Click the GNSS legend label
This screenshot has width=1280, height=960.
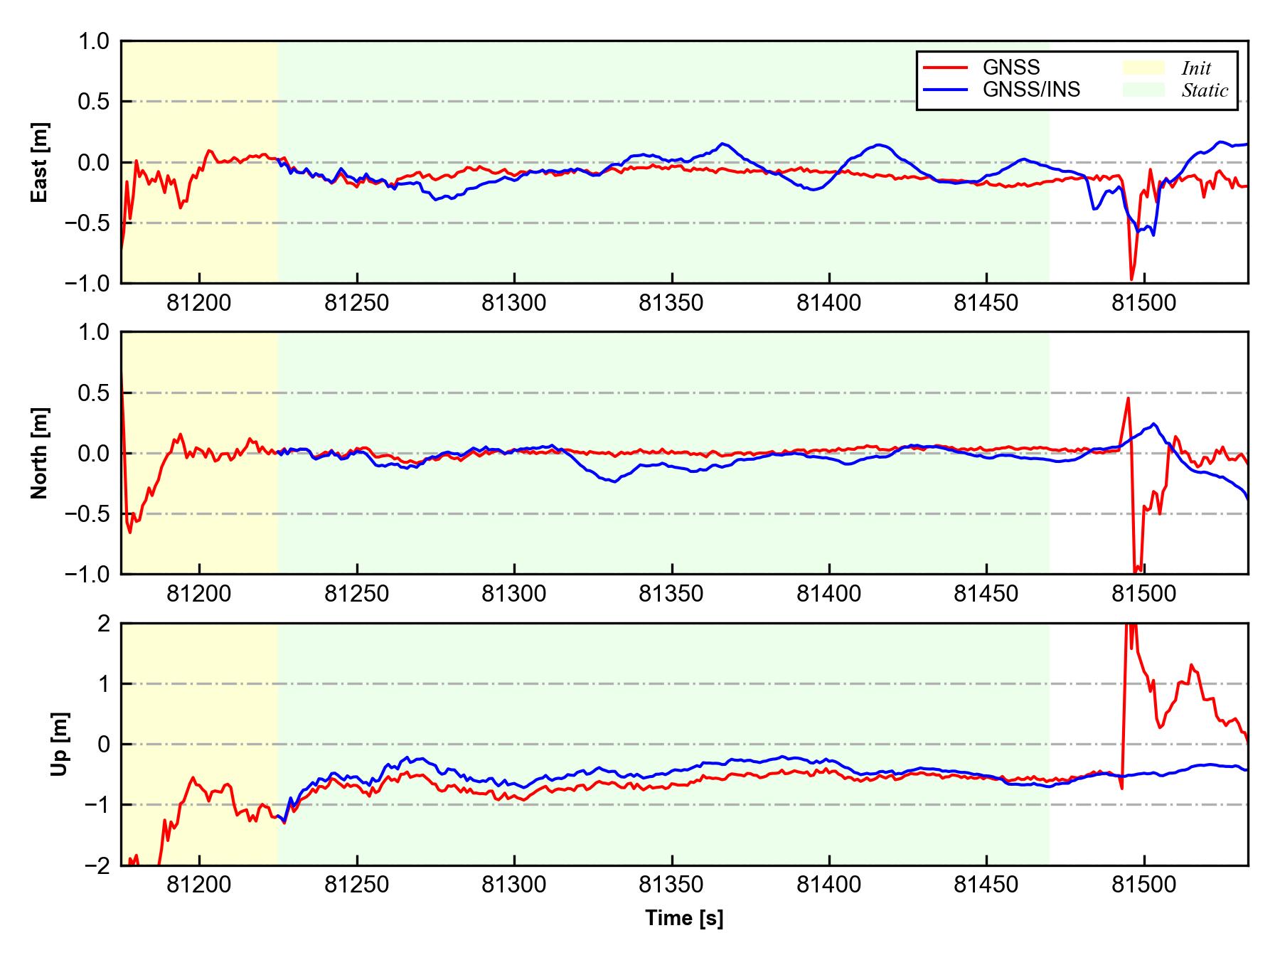coord(1010,68)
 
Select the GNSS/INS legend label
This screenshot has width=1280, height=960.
coord(1031,90)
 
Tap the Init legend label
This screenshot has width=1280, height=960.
coord(1196,68)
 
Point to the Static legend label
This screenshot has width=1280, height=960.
coord(1205,90)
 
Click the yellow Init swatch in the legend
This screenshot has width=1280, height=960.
coord(1143,68)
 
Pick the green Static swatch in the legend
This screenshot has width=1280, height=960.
coord(1143,90)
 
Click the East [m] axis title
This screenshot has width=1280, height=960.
coord(40,162)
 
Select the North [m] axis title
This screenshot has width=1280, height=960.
coord(40,453)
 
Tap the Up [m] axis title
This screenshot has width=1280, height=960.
coord(60,744)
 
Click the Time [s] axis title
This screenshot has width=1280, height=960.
coord(684,918)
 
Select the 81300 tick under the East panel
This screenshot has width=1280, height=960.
coord(513,304)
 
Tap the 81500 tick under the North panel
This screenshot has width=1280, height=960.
coord(1143,594)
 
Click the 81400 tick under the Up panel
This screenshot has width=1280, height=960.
coord(828,885)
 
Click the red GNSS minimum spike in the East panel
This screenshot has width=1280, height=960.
coord(1131,279)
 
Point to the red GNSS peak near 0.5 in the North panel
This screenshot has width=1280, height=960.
coord(1128,398)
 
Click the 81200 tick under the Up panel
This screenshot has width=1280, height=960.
coord(199,885)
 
